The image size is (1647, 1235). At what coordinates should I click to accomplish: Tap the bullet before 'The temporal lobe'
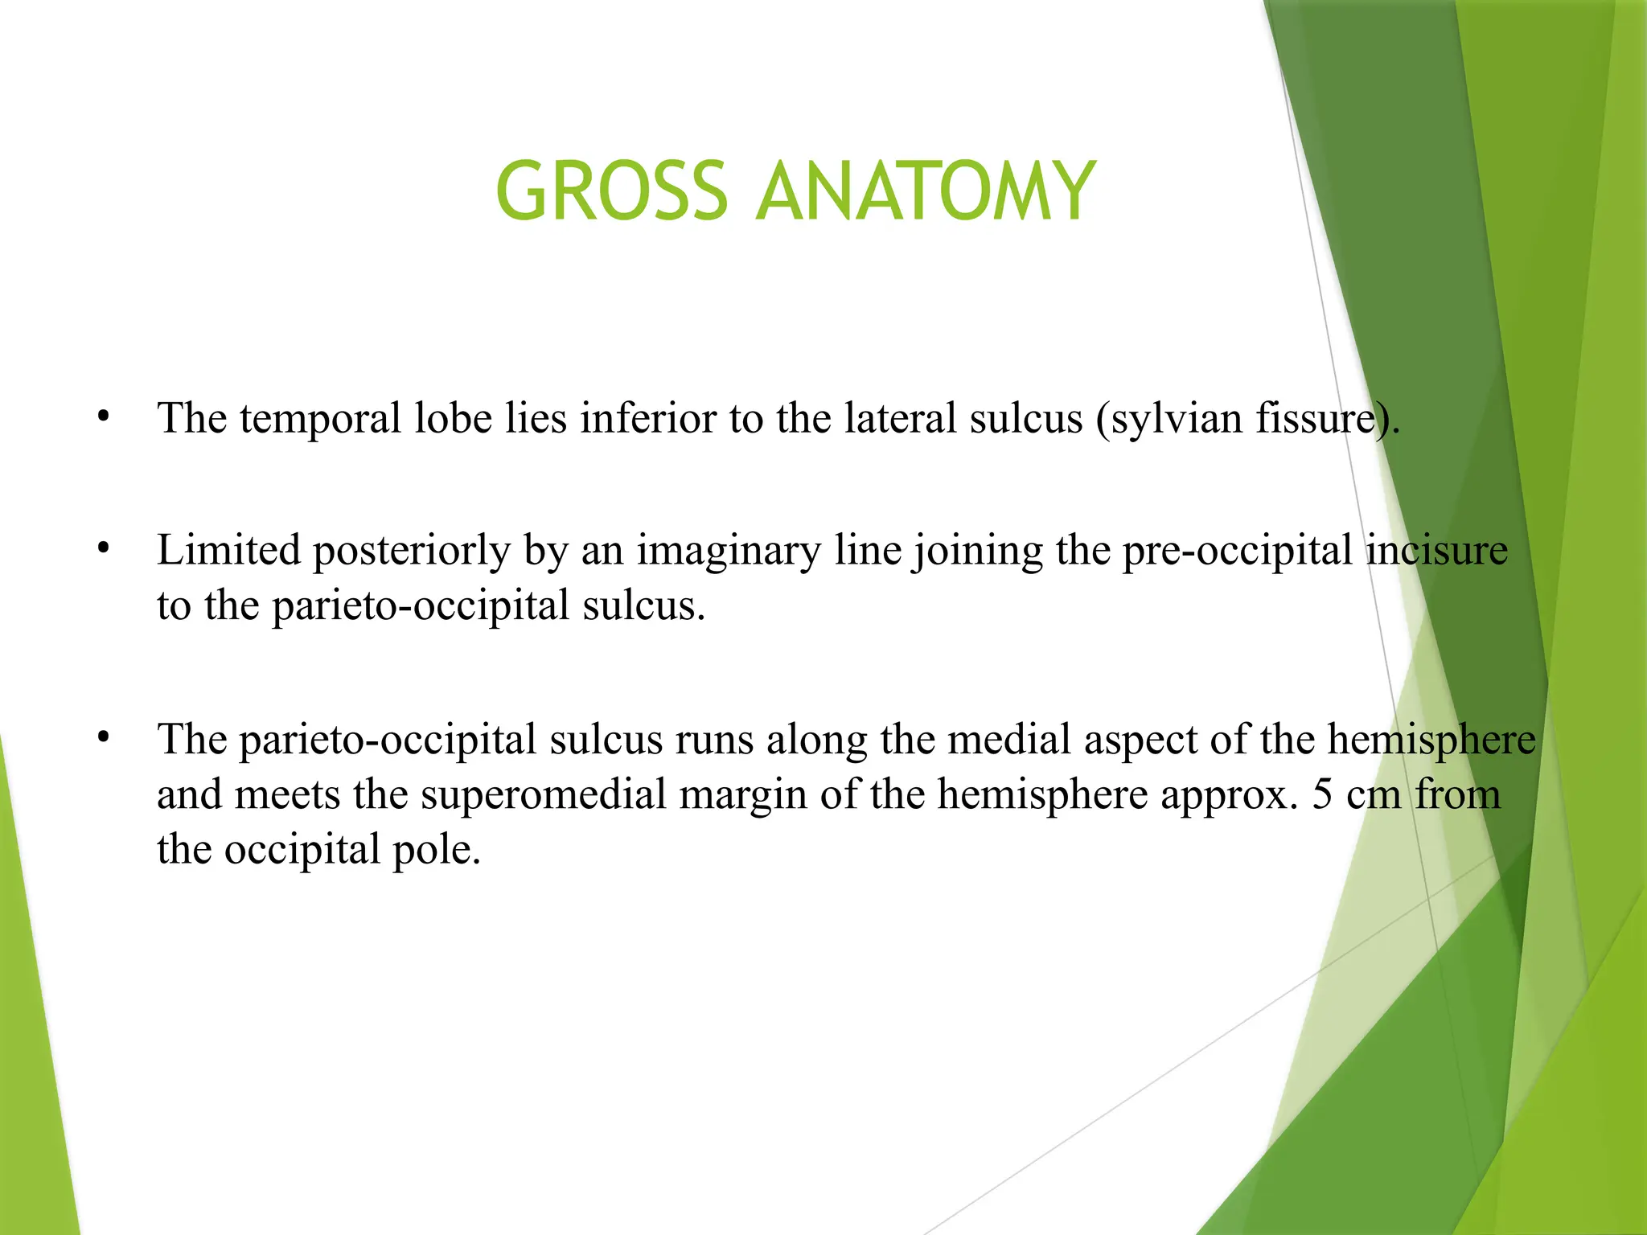tap(102, 417)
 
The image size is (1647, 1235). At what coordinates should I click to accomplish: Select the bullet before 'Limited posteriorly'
tap(102, 550)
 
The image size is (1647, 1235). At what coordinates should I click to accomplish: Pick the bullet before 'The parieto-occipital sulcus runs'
tap(102, 738)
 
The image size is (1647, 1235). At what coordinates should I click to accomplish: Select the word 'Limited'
tap(228, 551)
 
